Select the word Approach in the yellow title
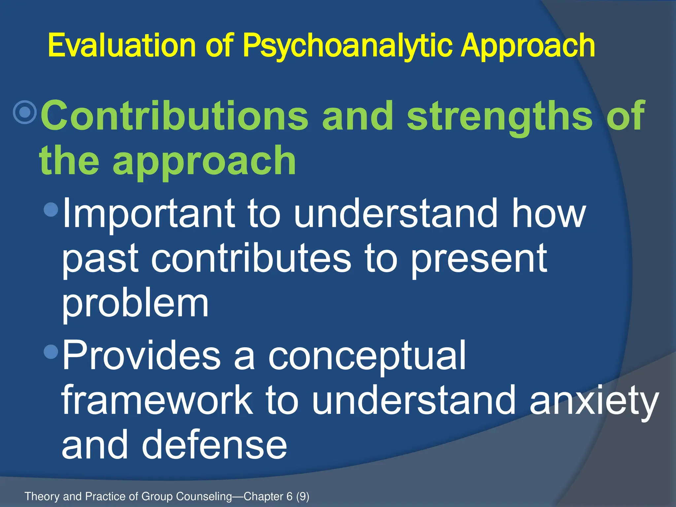click(528, 46)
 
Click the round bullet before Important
click(51, 209)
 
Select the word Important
click(149, 214)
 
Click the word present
click(479, 259)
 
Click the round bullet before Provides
click(51, 352)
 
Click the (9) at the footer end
click(303, 496)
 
